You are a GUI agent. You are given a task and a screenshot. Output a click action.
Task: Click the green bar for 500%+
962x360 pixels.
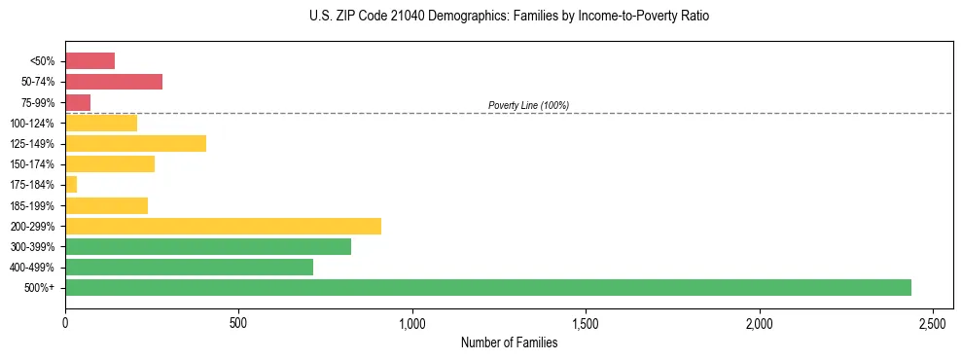(x=487, y=287)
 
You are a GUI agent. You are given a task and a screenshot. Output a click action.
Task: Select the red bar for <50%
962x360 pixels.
(x=89, y=61)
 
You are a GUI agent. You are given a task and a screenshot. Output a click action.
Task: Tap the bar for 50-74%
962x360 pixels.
(x=114, y=82)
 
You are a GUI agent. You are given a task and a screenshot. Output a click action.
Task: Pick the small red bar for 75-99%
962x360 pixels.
(x=78, y=102)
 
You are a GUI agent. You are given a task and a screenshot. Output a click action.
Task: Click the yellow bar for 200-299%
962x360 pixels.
(x=223, y=226)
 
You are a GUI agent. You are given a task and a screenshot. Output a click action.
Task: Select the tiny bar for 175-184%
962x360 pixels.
(x=71, y=184)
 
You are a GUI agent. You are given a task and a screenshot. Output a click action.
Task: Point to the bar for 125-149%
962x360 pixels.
(x=135, y=144)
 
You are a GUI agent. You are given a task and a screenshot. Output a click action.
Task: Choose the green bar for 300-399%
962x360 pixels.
(x=208, y=246)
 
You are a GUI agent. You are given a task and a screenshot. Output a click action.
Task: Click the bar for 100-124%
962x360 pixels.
(x=101, y=123)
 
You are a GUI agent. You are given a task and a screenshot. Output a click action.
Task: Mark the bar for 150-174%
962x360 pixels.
(x=110, y=163)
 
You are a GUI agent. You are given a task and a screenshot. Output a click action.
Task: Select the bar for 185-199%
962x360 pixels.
(x=106, y=205)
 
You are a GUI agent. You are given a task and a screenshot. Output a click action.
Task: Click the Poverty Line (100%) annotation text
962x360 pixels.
(x=528, y=105)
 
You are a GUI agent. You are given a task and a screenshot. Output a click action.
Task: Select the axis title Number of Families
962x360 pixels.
(x=509, y=342)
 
